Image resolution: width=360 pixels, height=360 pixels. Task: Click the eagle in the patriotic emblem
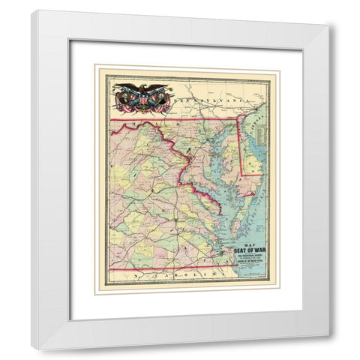[139, 92]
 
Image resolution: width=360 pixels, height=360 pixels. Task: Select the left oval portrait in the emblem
[122, 96]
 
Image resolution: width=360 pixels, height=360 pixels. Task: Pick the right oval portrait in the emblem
[155, 96]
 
